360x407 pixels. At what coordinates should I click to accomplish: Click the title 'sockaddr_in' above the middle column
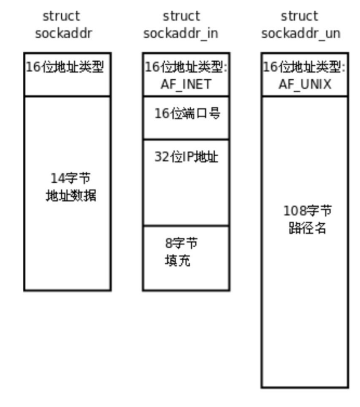[181, 33]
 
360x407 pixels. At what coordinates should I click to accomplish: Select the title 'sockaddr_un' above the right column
[301, 33]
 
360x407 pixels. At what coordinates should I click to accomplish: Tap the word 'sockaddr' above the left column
[63, 33]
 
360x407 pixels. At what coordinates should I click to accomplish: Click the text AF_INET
[186, 84]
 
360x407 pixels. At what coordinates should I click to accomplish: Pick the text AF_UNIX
[305, 84]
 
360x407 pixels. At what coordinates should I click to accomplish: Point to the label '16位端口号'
[187, 113]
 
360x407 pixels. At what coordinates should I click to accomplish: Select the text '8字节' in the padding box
[181, 244]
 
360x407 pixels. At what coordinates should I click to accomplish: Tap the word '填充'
[177, 261]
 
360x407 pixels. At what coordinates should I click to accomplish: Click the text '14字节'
[67, 178]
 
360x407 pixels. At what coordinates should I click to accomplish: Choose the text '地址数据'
[71, 196]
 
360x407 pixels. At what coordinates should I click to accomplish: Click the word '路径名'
[307, 228]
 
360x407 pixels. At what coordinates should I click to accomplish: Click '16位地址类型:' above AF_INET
[186, 67]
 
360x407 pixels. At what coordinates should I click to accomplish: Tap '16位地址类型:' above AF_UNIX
[304, 67]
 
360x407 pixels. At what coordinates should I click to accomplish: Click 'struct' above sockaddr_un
[299, 16]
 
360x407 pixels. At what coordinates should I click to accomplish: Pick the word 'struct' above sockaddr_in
[181, 16]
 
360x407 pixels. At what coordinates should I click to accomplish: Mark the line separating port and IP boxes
[186, 139]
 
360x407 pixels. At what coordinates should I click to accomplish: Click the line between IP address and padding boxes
[186, 226]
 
